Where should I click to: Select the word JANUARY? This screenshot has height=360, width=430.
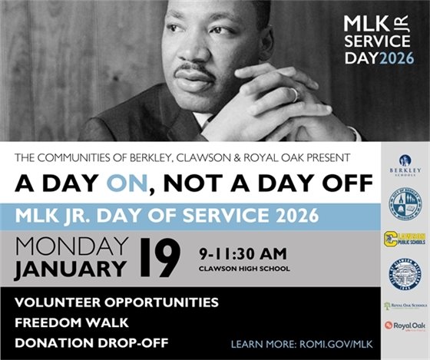click(71, 268)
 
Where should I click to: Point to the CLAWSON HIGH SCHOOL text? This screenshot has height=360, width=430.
click(243, 268)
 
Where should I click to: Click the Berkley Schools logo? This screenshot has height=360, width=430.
click(405, 164)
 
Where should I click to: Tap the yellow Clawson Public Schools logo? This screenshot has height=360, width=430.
click(405, 239)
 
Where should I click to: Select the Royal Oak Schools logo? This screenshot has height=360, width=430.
click(405, 305)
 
